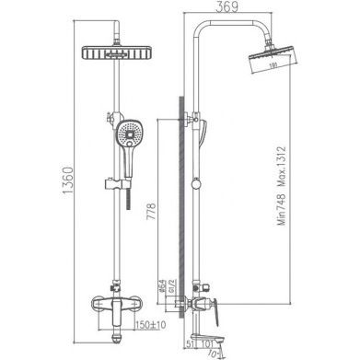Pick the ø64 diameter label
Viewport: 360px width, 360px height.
[x=157, y=288]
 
